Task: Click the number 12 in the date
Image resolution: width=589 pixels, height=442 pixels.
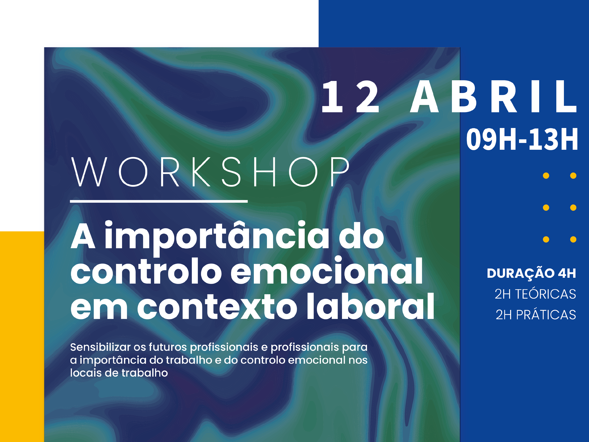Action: click(350, 97)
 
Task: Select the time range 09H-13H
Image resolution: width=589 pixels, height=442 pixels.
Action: click(522, 139)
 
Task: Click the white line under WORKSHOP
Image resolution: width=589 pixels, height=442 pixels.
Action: click(159, 201)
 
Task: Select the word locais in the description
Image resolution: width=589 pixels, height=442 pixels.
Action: click(86, 373)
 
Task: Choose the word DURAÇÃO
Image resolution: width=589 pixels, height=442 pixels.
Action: click(521, 273)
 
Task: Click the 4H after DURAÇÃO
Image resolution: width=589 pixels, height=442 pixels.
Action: click(567, 273)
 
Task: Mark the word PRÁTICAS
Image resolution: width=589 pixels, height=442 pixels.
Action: click(546, 315)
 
